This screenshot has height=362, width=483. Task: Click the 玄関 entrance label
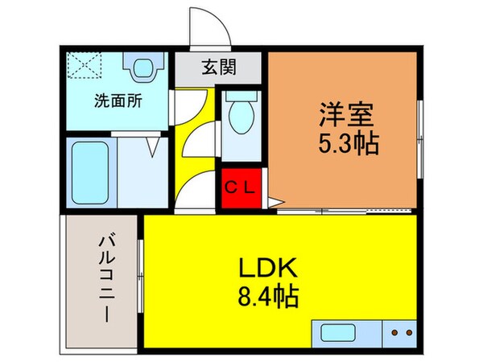point(218,68)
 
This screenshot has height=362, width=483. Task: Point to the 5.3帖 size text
point(345,146)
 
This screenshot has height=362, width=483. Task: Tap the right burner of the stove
point(408,332)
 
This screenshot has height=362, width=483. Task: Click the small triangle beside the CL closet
point(273,203)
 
